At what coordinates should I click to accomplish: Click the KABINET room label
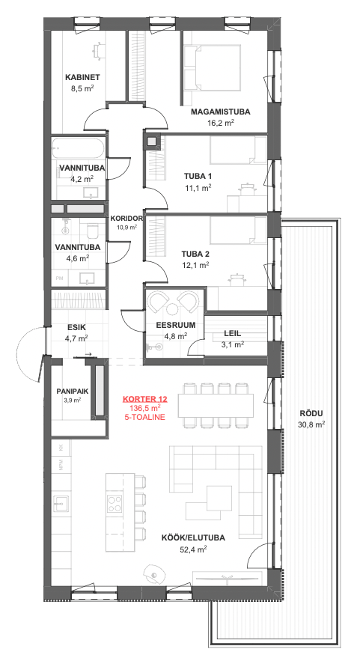(82, 77)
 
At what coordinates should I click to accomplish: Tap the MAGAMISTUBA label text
(220, 112)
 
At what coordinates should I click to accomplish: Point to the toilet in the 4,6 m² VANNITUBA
(92, 231)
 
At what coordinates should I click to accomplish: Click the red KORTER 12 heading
(145, 399)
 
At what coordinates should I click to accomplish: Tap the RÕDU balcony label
(311, 414)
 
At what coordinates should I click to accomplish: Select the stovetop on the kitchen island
(115, 504)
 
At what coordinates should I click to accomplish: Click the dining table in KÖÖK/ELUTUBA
(216, 406)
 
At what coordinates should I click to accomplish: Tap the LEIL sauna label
(232, 333)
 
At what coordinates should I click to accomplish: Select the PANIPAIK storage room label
(73, 392)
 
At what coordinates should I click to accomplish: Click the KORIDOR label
(126, 219)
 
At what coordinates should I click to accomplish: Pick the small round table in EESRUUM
(173, 309)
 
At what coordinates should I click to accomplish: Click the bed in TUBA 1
(238, 150)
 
